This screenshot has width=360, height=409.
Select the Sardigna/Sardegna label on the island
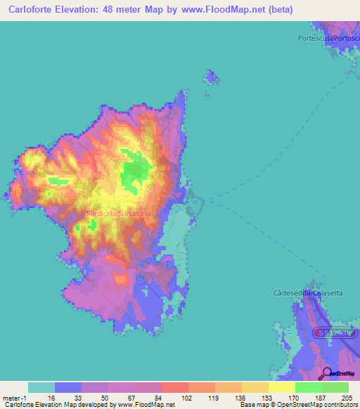(116, 212)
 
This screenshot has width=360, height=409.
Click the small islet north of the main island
(210, 77)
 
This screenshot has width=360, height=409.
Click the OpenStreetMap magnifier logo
(328, 373)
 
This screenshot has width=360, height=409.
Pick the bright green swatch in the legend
(308, 387)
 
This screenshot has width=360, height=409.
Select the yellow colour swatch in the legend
(281, 387)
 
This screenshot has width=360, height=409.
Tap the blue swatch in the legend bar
(68, 387)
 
